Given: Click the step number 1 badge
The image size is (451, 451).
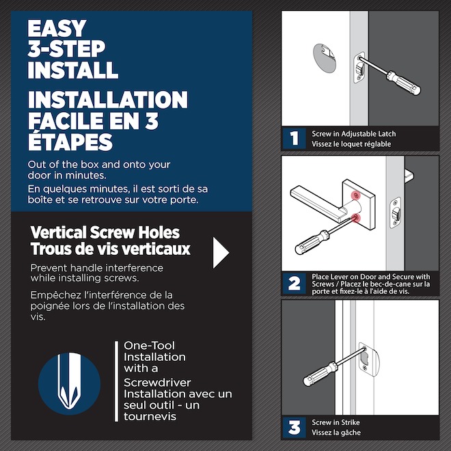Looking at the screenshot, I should click(294, 139).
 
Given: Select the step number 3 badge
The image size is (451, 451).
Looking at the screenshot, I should click(294, 428).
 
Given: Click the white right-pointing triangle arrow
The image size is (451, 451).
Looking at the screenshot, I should click(221, 253).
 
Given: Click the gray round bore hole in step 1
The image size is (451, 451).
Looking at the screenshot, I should click(327, 57).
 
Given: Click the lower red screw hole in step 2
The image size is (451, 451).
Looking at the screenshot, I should click(356, 218).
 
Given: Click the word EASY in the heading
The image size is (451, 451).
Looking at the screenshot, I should click(57, 29).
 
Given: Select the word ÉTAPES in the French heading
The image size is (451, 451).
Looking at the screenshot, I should click(70, 142).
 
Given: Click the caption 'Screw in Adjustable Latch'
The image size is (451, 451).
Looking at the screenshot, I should click(353, 134).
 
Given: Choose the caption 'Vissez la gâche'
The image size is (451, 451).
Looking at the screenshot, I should click(336, 433).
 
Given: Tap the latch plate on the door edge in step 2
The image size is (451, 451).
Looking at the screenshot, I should click(394, 211).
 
